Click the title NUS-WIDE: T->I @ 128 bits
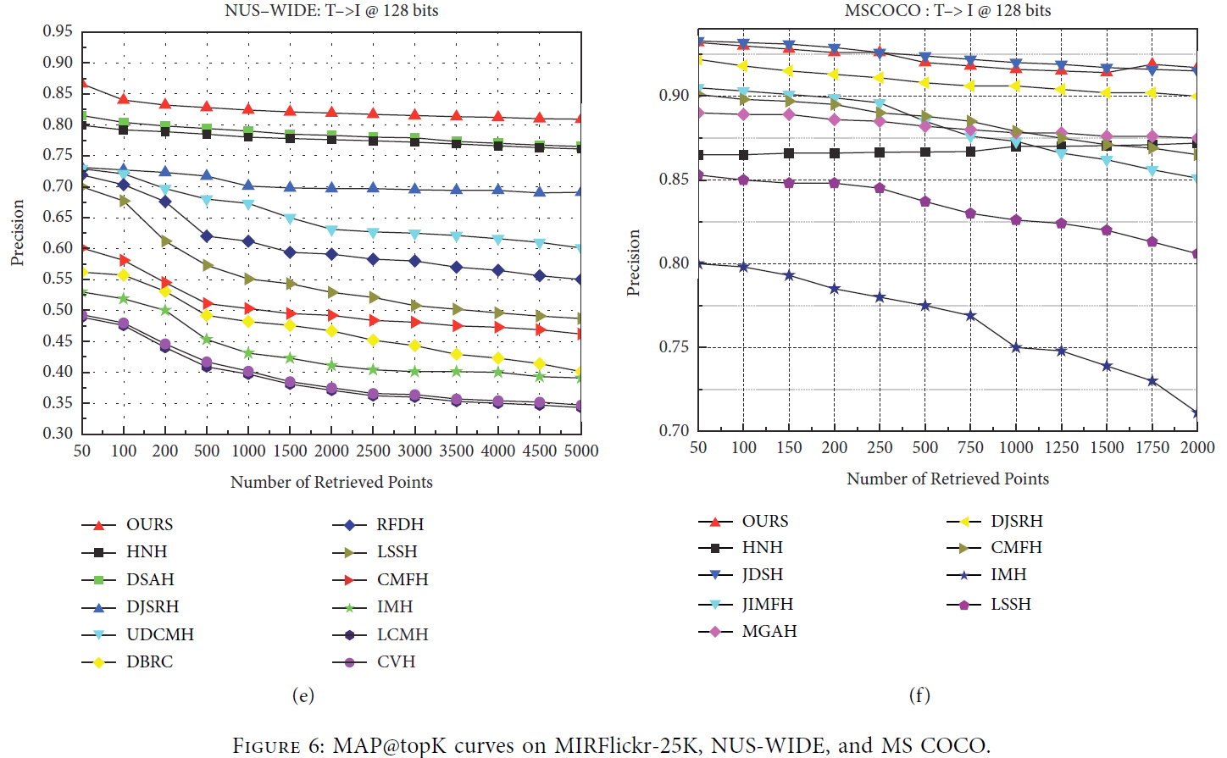point(331,11)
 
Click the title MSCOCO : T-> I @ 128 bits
point(947,11)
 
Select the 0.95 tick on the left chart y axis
point(58,32)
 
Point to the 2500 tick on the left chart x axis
point(373,451)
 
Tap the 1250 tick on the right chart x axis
point(1061,448)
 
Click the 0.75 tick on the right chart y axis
point(674,347)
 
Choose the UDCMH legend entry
point(159,635)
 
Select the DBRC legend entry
point(149,662)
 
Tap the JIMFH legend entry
point(767,605)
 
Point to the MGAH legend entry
point(769,632)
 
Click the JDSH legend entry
point(762,575)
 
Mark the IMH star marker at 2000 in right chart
point(1196,413)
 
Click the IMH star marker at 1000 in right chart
point(1016,347)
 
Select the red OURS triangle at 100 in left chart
point(124,100)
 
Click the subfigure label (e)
point(303,696)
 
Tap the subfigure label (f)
point(919,696)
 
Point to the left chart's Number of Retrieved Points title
point(331,483)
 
